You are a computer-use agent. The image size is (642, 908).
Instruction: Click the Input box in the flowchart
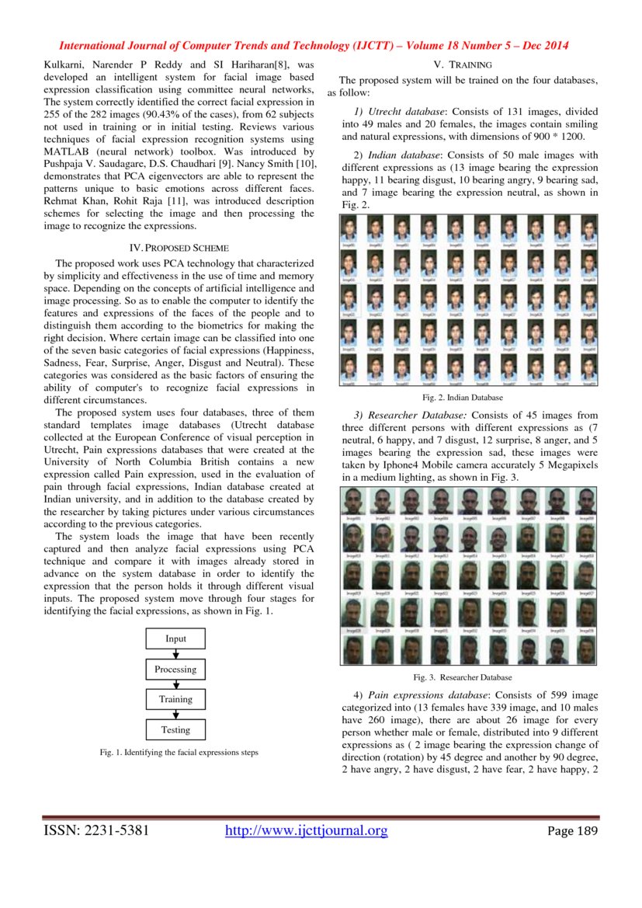tap(175, 639)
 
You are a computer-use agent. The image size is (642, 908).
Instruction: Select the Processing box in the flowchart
tap(175, 670)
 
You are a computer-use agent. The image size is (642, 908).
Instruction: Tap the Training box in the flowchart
tap(175, 699)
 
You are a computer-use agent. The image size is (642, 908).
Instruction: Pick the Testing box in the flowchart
tap(175, 729)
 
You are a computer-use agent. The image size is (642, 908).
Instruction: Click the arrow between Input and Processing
tap(175, 654)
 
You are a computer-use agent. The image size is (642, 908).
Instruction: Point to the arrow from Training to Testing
tap(175, 715)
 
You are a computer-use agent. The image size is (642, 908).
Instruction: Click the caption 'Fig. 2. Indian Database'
tap(469, 398)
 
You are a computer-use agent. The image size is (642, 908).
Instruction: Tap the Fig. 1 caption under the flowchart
tap(179, 753)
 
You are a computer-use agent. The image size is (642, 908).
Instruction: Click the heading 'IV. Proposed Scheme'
tap(179, 248)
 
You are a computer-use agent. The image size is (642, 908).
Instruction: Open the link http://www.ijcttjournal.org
tap(306, 832)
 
